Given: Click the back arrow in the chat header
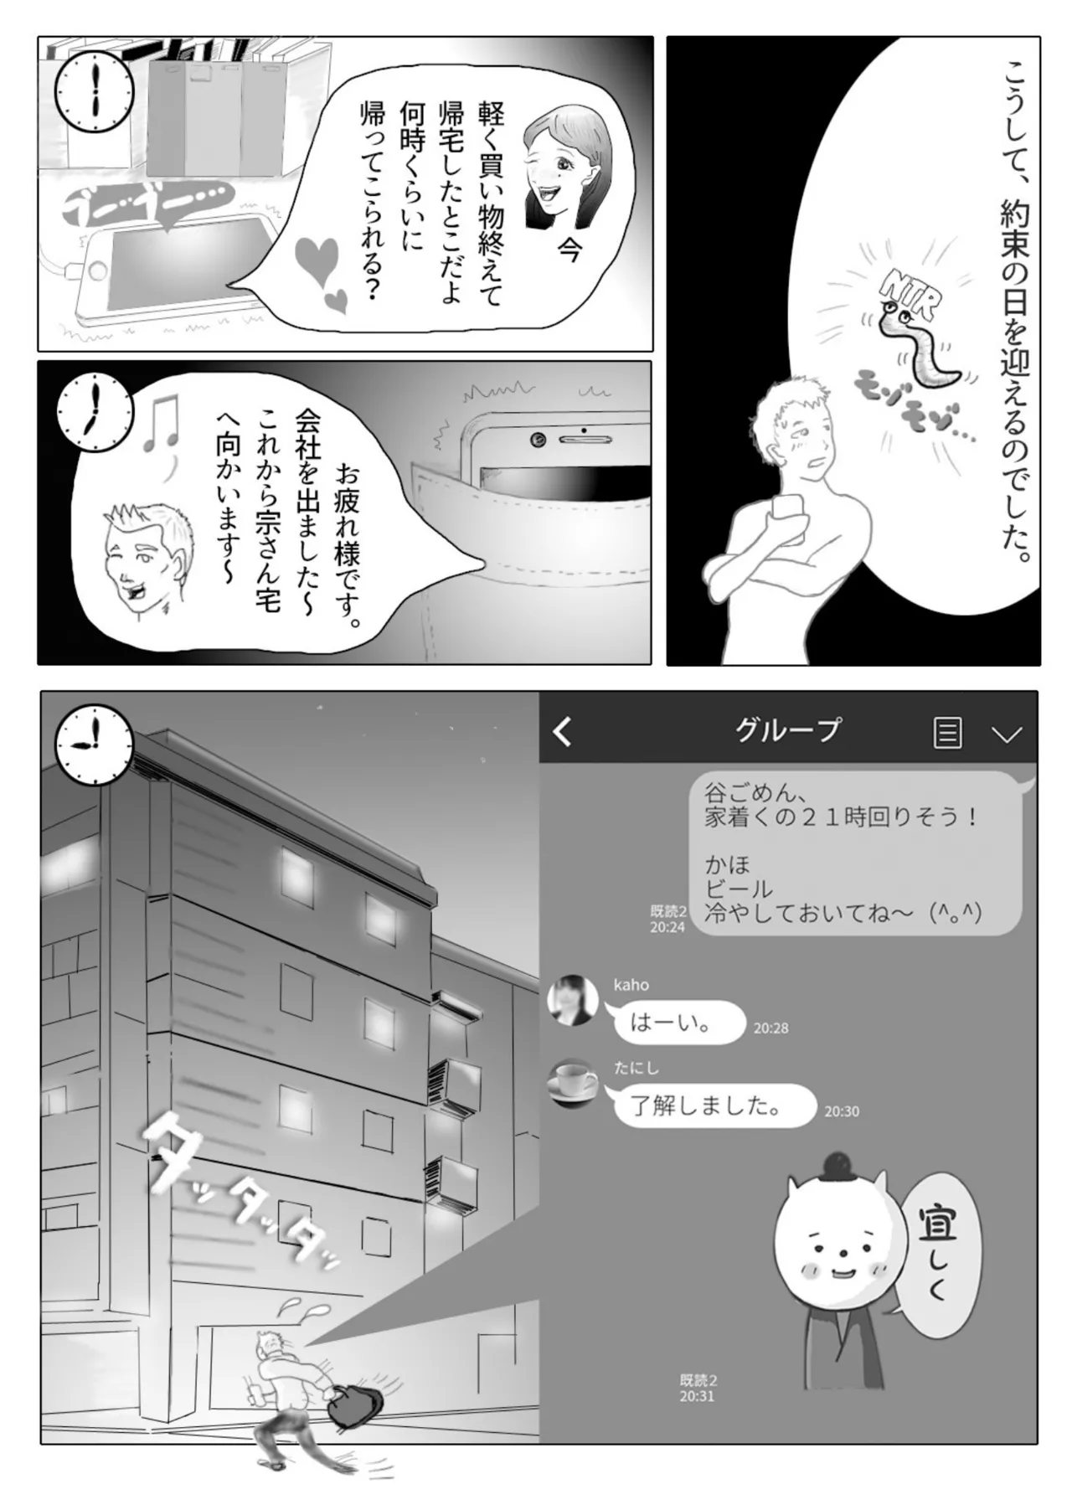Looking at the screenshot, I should (x=563, y=732).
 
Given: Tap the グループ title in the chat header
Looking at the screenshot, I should (x=786, y=730).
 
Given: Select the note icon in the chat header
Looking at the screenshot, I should (x=947, y=733).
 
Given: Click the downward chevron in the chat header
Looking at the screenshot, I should (x=1006, y=734).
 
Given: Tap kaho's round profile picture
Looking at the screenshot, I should (x=573, y=1001).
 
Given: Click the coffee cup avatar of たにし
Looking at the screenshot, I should (x=573, y=1085).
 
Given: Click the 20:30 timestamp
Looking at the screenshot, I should (x=842, y=1111).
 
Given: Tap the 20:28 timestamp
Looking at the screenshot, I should (x=770, y=1028).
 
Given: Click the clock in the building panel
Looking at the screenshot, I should (x=94, y=745).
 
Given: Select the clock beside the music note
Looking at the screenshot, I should (x=94, y=411).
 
